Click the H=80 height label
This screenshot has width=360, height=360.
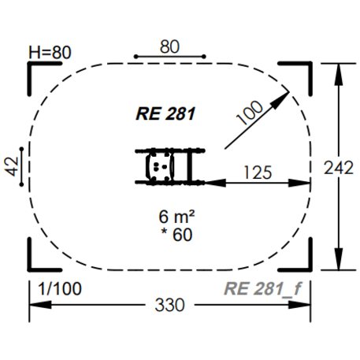(x=50, y=52)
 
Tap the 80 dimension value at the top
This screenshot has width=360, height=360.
(x=169, y=46)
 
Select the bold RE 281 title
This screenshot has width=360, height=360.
(x=165, y=113)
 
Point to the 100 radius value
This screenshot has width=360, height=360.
(x=249, y=113)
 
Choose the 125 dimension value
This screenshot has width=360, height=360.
(x=258, y=173)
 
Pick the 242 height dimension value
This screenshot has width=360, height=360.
(x=339, y=168)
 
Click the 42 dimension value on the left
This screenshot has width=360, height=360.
(x=12, y=166)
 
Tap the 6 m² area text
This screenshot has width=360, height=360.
(x=176, y=217)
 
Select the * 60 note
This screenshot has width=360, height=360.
(x=176, y=235)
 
